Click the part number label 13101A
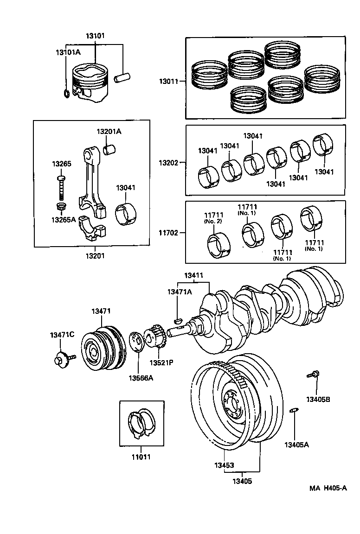click(x=69, y=52)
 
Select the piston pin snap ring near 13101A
click(x=67, y=94)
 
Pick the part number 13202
click(x=167, y=163)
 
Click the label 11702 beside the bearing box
click(x=167, y=232)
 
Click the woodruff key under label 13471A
click(x=177, y=319)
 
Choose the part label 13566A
click(x=141, y=378)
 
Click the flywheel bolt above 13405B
click(x=313, y=374)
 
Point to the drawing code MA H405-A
click(x=328, y=488)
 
